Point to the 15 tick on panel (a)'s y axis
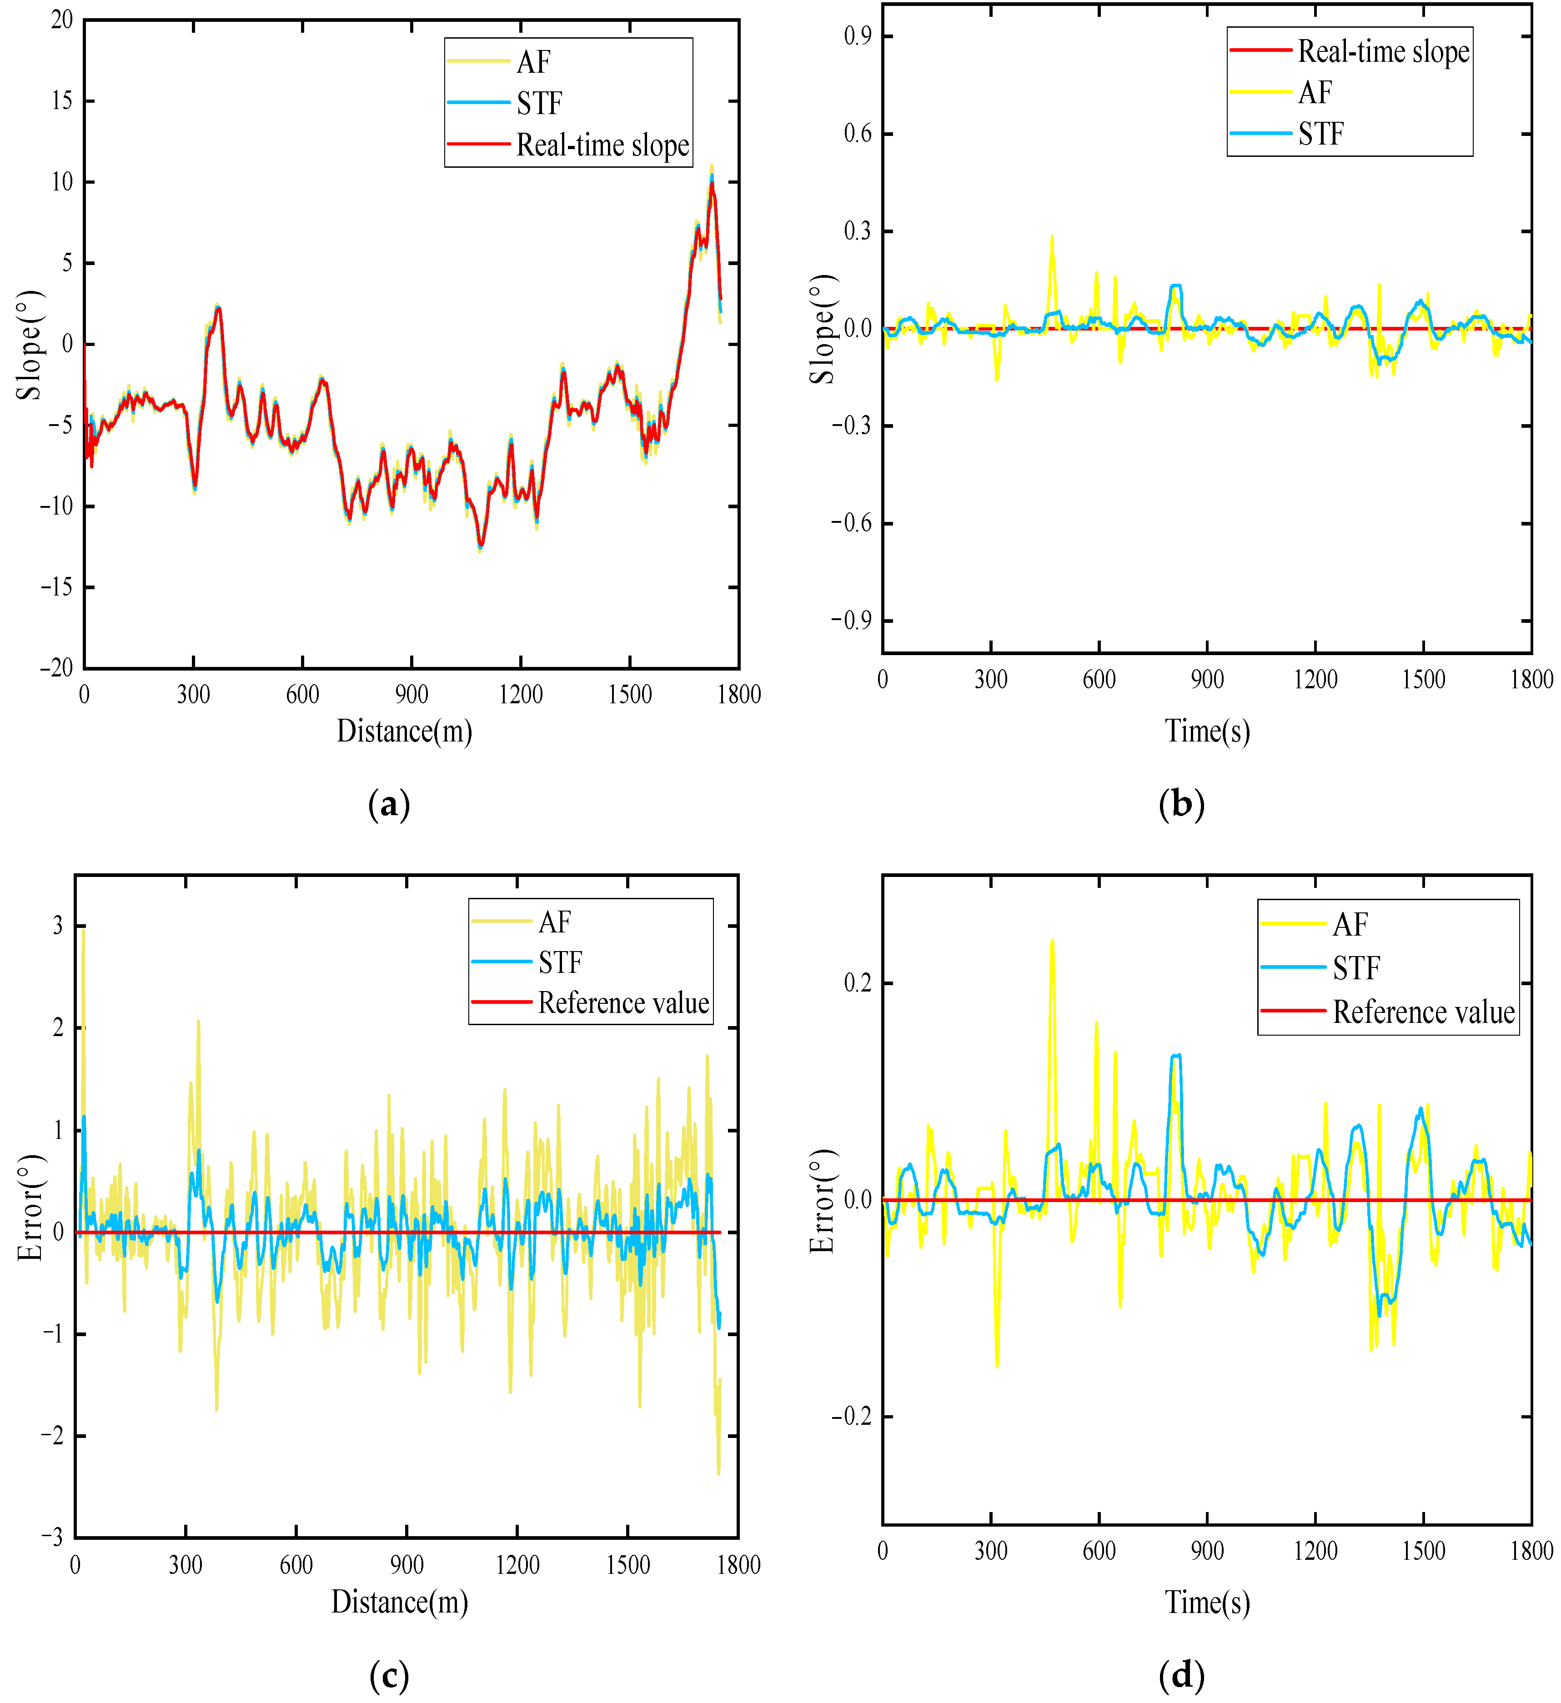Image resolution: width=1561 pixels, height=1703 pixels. coord(62,100)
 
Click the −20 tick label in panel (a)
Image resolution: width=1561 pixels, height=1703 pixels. coord(56,667)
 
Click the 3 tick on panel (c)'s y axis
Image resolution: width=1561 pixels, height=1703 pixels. coord(57,926)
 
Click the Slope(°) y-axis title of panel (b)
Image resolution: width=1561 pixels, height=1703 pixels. coord(822,329)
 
